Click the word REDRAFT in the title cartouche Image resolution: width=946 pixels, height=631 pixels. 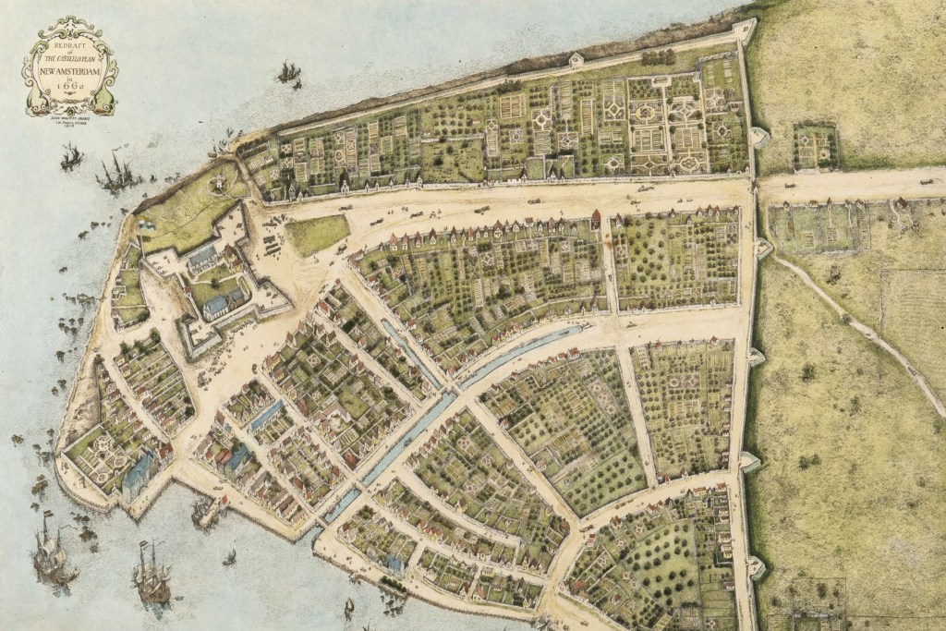(70, 43)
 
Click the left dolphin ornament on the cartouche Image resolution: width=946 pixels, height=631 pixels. (34, 88)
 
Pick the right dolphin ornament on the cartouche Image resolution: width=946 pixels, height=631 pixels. (107, 88)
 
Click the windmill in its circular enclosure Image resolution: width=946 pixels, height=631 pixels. (219, 184)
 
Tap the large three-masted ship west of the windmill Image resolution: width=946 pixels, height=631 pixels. (115, 173)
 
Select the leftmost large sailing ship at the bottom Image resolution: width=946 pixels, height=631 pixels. (51, 554)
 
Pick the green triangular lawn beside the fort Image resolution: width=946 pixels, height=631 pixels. (317, 234)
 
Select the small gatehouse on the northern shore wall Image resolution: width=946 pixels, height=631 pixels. (576, 60)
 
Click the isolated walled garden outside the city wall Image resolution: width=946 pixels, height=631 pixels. (814, 145)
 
